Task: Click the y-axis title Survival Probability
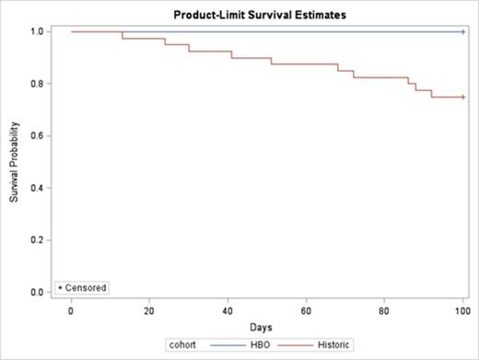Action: click(14, 162)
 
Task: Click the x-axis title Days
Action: click(266, 327)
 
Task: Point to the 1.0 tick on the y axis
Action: click(38, 32)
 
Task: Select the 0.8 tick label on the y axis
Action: click(38, 84)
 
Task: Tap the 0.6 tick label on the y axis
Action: click(38, 136)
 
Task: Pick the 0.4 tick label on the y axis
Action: click(38, 188)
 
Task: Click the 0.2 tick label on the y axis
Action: click(38, 240)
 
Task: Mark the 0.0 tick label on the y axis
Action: click(38, 292)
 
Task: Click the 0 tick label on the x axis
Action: click(71, 311)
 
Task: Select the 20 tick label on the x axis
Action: click(149, 311)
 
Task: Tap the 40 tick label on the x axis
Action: click(228, 311)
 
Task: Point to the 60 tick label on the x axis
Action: click(306, 311)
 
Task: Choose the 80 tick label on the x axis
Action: click(384, 311)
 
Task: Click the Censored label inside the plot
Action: click(86, 287)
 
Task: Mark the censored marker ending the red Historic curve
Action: click(462, 97)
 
